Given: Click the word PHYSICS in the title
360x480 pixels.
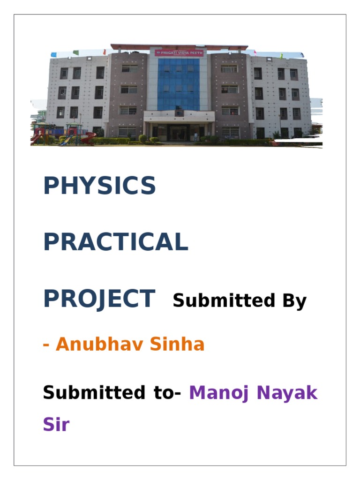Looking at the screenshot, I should pos(99,186).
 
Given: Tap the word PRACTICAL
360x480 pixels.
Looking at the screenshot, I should pos(115,242).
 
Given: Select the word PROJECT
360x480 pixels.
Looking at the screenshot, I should pos(99,299).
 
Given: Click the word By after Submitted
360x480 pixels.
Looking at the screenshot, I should pos(294,301).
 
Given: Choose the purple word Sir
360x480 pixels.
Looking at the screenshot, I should pos(56,425).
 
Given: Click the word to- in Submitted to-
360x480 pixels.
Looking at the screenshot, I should pos(167,393).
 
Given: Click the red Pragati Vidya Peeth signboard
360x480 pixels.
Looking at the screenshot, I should pos(179,53).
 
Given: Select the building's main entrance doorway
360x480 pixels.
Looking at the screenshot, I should pos(179,133).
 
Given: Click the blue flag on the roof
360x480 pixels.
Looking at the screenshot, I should pos(53,55).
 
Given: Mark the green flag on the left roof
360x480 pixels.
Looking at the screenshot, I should pos(75,53).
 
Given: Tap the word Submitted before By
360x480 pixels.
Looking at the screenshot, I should pos(220,301).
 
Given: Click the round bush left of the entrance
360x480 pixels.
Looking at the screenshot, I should pos(142,138).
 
